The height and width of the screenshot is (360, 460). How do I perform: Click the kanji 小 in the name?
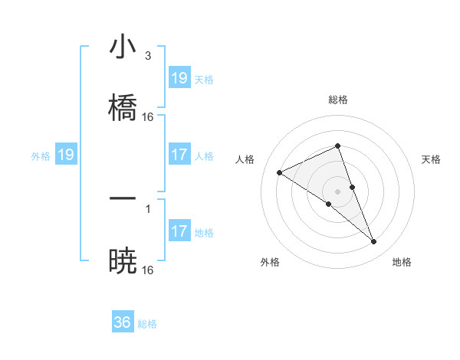[x=123, y=47]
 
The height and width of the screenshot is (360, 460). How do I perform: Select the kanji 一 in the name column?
[x=123, y=198]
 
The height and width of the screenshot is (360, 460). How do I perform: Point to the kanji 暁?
[x=123, y=260]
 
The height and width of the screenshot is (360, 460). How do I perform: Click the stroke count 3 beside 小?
[x=147, y=56]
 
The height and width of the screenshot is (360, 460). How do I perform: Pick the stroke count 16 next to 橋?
[x=148, y=117]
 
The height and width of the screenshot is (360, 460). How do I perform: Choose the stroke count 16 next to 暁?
[x=148, y=270]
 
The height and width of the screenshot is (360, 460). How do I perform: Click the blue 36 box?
[x=123, y=322]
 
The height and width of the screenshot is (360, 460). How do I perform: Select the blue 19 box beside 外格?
[x=67, y=155]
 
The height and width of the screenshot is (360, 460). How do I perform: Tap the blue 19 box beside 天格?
[x=179, y=78]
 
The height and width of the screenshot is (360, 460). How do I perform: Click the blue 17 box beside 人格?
[x=179, y=155]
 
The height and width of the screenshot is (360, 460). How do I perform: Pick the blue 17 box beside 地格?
[x=179, y=231]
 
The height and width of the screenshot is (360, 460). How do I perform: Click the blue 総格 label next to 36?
[x=147, y=324]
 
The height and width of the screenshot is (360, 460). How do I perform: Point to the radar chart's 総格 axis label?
[x=337, y=100]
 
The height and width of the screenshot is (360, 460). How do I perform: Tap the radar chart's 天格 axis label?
[x=431, y=159]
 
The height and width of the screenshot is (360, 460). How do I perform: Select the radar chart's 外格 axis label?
[x=270, y=262]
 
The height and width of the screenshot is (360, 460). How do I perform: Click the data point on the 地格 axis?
[x=374, y=242]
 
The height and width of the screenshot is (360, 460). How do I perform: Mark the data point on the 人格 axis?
[x=280, y=172]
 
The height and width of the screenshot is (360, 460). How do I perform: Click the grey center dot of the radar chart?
[x=337, y=191]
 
